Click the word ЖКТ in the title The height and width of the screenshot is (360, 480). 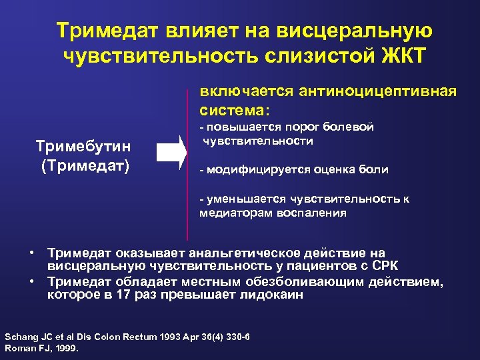(402, 57)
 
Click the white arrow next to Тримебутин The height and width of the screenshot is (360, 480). (171, 152)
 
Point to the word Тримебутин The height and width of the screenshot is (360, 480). (83, 147)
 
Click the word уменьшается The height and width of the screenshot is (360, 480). (243, 199)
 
